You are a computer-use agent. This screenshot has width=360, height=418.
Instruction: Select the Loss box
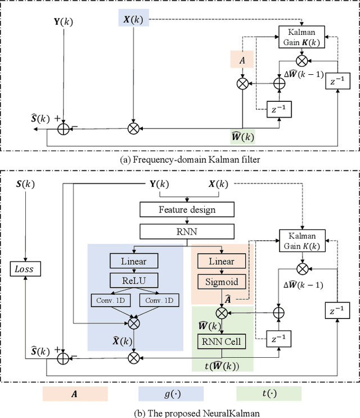[x=24, y=269]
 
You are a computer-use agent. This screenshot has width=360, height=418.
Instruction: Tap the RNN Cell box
[x=221, y=341]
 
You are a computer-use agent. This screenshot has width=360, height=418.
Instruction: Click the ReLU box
[x=134, y=280]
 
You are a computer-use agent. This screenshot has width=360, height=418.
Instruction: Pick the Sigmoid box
[x=222, y=281]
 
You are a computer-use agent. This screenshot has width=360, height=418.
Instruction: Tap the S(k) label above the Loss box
[x=24, y=185]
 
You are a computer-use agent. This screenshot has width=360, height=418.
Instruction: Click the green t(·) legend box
[x=269, y=394]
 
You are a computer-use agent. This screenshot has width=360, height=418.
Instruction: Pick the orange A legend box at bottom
[x=75, y=394]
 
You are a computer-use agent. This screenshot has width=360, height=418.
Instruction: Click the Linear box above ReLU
[x=134, y=261]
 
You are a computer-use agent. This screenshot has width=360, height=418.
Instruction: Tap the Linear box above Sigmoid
[x=222, y=261]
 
